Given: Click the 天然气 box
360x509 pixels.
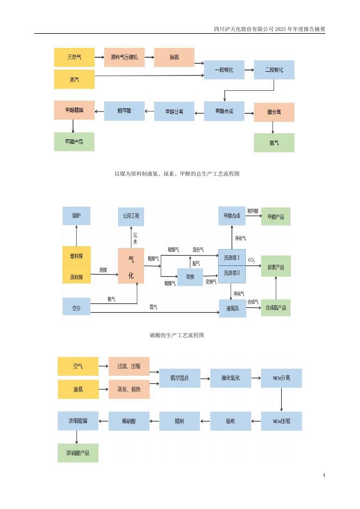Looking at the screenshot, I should (74, 57).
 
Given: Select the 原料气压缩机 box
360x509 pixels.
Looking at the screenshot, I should (124, 57).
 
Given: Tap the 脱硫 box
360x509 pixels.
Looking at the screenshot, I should (174, 57).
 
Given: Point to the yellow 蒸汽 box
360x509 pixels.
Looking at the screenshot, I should (74, 79).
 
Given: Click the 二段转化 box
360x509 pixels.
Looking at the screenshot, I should (274, 70).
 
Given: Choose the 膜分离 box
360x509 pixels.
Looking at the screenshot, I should (274, 112).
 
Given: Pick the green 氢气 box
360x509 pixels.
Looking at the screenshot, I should (274, 142).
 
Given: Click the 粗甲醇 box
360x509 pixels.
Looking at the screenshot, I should (124, 111).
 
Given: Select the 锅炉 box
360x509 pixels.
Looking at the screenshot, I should (76, 216).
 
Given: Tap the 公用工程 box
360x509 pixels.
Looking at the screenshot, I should (131, 216).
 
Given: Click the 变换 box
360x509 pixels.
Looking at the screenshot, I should (190, 277).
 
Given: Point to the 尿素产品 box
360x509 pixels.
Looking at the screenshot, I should (276, 266).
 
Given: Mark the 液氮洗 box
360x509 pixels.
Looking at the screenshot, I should (232, 308).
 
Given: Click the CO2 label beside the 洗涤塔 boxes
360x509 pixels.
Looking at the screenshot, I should (252, 260).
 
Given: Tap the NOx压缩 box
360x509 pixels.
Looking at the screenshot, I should (281, 421).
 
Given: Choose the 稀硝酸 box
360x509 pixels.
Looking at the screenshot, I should (129, 421).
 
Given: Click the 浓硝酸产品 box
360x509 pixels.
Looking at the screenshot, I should (78, 452).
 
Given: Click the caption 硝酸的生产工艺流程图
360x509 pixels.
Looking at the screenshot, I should (177, 336).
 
